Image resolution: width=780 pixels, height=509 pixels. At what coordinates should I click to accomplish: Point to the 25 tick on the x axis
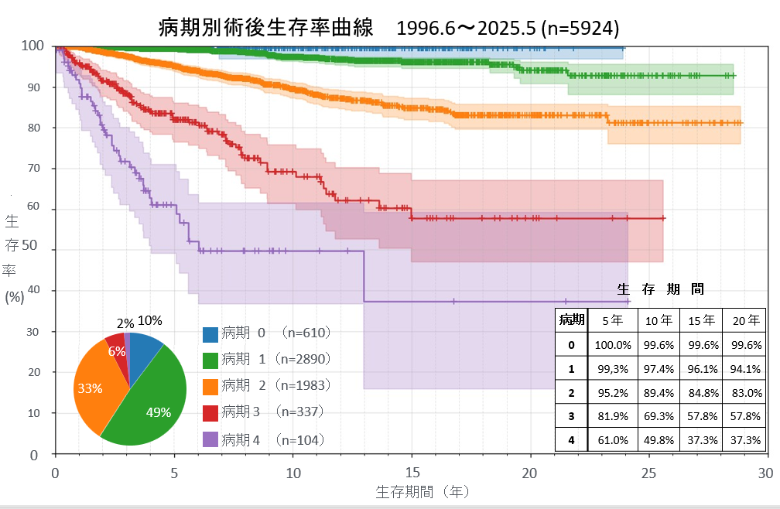(x=648, y=471)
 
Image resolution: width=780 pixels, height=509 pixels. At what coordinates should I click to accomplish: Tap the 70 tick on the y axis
(x=34, y=169)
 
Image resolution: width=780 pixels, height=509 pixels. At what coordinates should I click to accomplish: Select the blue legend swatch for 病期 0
(x=210, y=334)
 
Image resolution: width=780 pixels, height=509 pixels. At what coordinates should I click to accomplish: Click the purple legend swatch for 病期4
(x=210, y=440)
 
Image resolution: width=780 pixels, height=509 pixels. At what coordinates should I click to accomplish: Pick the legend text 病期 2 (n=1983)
(x=276, y=385)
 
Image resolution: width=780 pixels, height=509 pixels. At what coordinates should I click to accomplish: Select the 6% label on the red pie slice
(x=117, y=350)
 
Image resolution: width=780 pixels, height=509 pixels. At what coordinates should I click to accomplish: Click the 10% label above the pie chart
(x=149, y=320)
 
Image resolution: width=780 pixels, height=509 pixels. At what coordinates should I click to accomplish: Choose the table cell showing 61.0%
(x=611, y=440)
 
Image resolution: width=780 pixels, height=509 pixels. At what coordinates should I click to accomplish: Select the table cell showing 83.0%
(x=744, y=393)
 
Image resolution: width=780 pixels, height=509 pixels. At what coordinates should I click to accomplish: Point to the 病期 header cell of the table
(x=571, y=319)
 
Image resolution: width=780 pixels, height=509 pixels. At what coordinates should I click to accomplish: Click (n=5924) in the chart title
(x=580, y=29)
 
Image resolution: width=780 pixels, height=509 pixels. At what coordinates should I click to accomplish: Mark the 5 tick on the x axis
(x=174, y=471)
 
